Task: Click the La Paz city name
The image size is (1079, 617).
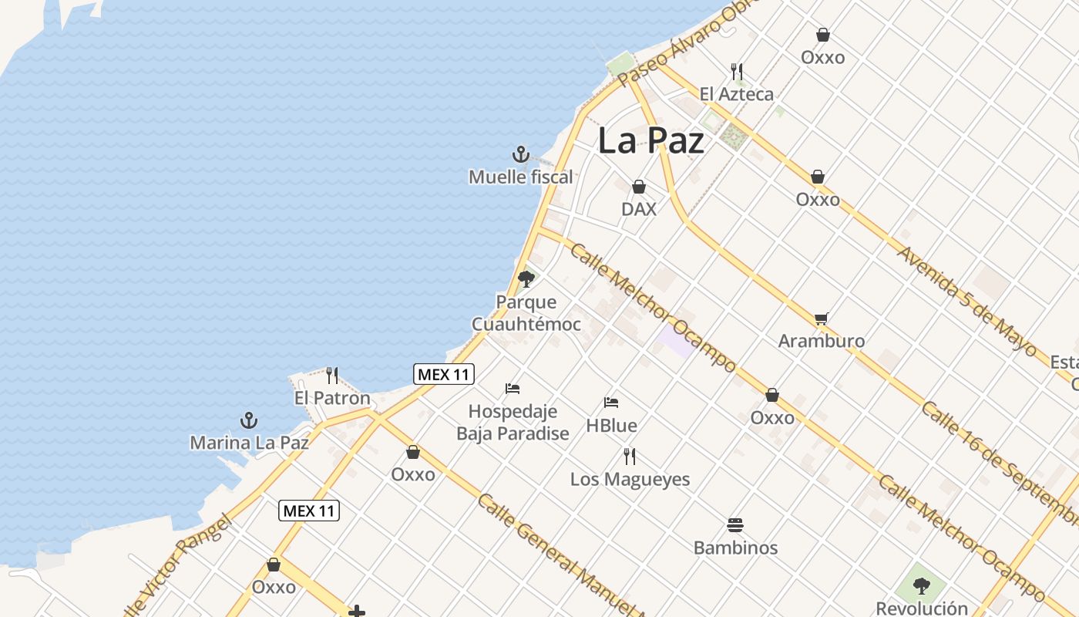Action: click(x=650, y=140)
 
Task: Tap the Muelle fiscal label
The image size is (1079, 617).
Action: click(x=521, y=177)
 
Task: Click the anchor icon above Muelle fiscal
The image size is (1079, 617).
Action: click(x=521, y=154)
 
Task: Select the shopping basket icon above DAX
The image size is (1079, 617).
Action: click(x=638, y=187)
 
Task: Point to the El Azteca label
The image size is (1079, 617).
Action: click(x=736, y=94)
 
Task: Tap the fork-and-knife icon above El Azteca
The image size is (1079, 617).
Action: click(x=737, y=72)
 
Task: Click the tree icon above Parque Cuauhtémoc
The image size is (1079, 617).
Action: click(x=526, y=278)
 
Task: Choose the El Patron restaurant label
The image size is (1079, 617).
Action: click(x=332, y=399)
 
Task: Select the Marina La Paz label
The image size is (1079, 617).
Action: click(x=249, y=443)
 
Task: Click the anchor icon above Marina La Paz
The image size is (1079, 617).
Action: click(x=248, y=420)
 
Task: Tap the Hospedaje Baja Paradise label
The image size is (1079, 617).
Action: click(x=513, y=422)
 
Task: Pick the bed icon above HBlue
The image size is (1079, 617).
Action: click(x=611, y=402)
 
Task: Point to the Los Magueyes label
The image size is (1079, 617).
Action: click(x=630, y=479)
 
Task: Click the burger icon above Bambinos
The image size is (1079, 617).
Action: click(x=735, y=525)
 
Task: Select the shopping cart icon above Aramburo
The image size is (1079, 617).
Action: click(x=822, y=319)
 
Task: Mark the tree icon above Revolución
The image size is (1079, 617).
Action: click(x=921, y=586)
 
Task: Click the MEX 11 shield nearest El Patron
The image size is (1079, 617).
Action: click(x=444, y=375)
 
